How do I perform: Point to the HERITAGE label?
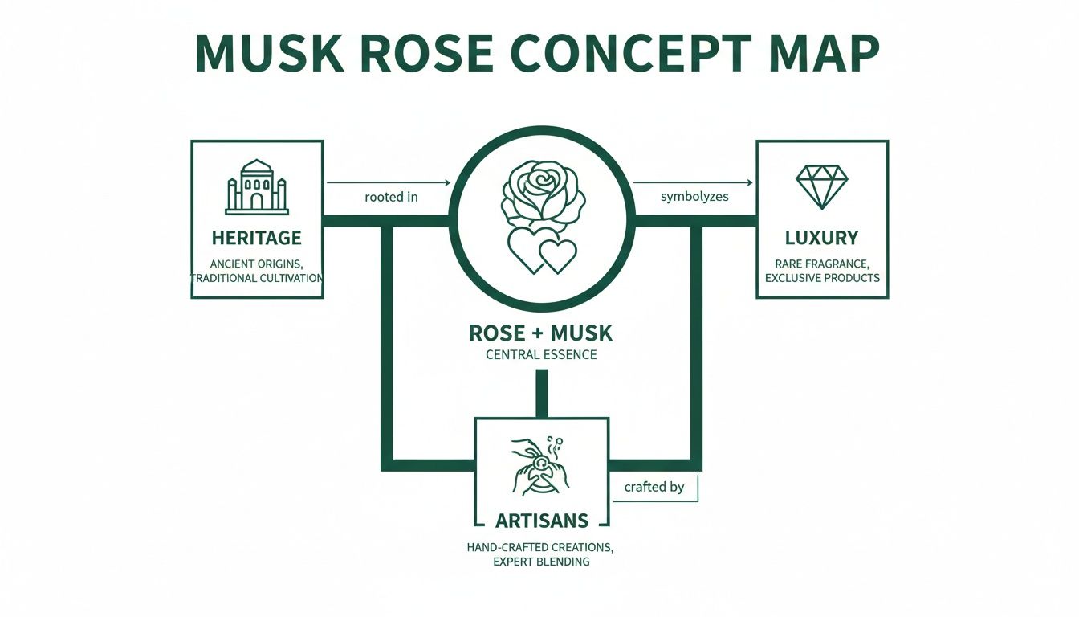[x=257, y=238]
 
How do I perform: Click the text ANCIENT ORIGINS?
[x=257, y=264]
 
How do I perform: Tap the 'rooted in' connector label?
[x=391, y=197]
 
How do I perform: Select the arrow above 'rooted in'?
[x=388, y=182]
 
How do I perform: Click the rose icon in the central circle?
[x=542, y=193]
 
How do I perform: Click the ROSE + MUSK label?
[x=541, y=332]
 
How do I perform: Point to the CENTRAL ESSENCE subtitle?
[x=541, y=354]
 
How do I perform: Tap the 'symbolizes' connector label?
[x=694, y=197]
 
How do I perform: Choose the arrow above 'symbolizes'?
[x=694, y=182]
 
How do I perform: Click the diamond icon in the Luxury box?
[x=821, y=186]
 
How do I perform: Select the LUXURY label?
[x=822, y=238]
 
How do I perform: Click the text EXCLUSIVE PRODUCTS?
[x=822, y=278]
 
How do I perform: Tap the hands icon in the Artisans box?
[x=541, y=466]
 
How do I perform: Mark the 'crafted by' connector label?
[x=654, y=487]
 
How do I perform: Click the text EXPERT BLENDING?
[x=541, y=562]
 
